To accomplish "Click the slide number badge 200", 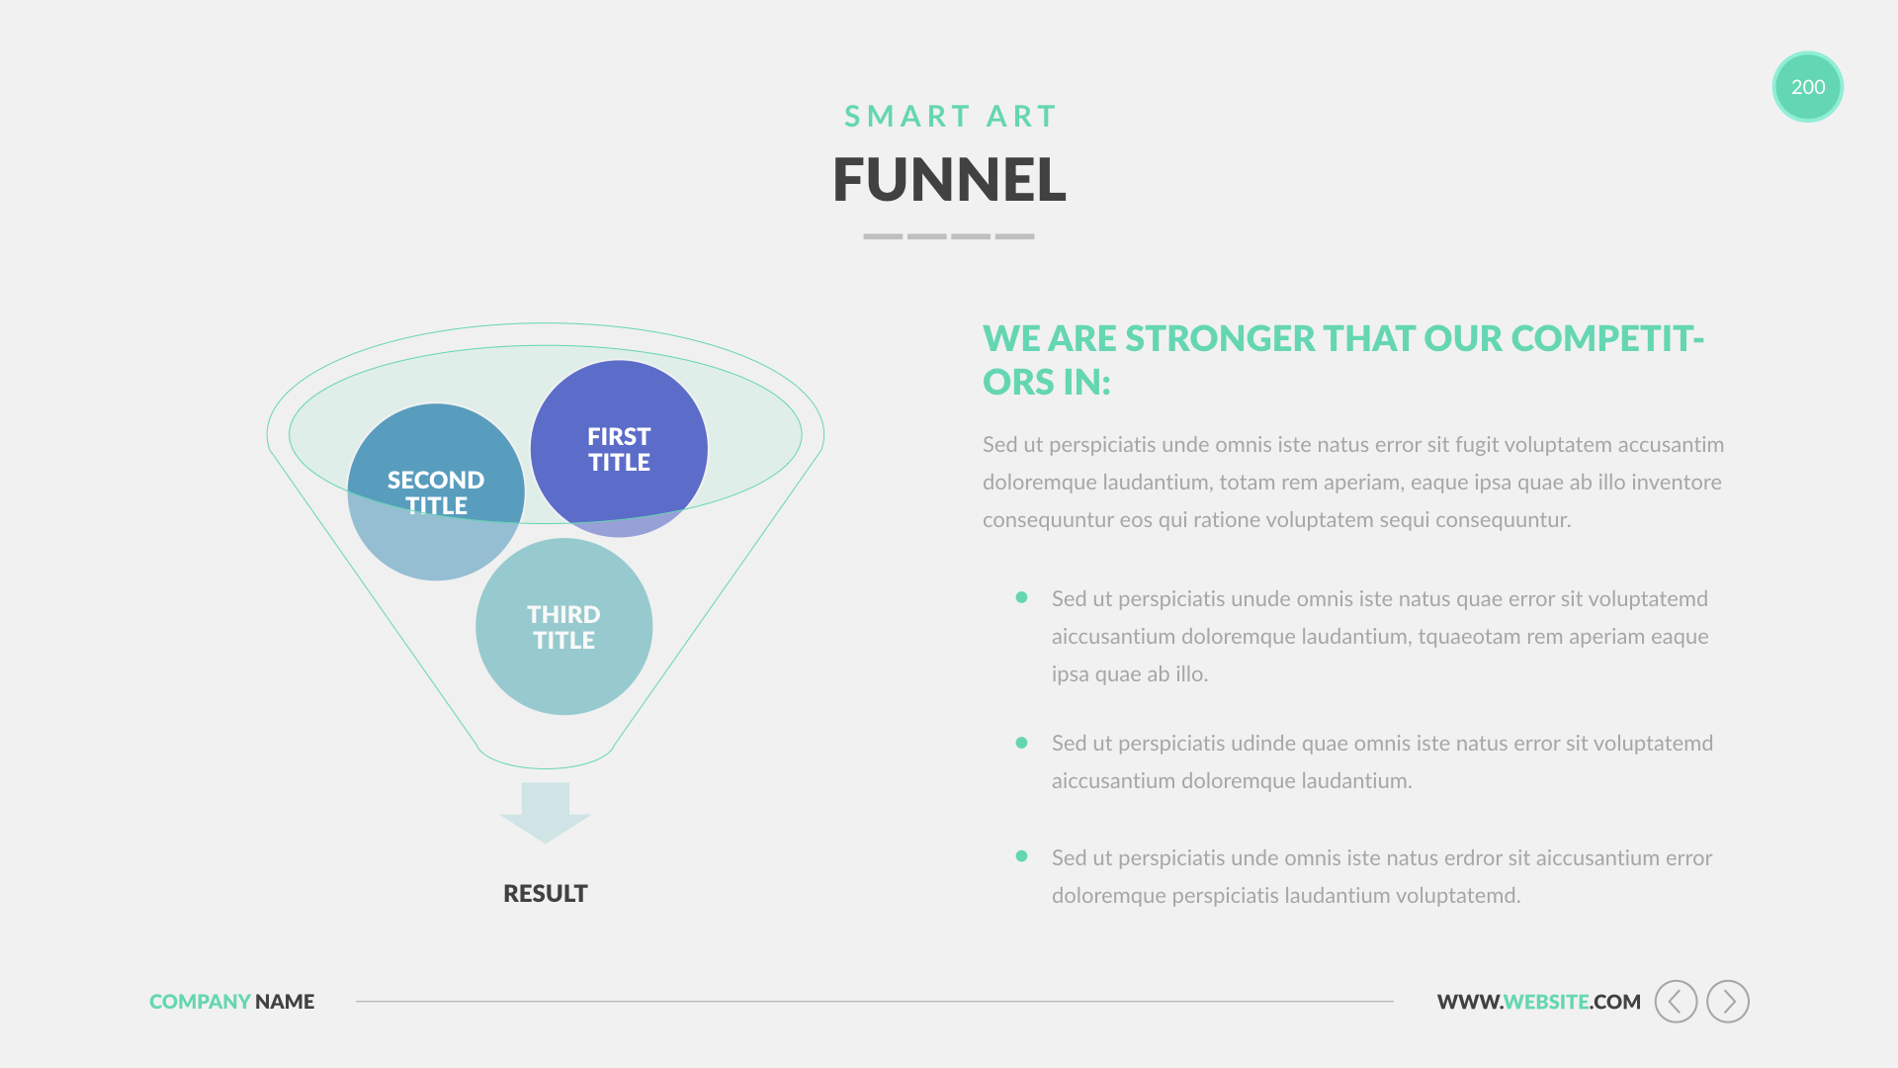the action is click(1807, 87).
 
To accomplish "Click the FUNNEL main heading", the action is click(949, 180).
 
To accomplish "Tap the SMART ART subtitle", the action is click(950, 117).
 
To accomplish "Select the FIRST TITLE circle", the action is click(619, 449).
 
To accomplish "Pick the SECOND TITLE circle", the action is click(436, 491).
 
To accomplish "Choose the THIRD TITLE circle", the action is click(563, 626).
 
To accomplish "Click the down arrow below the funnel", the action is click(546, 813).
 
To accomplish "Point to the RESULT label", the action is click(546, 894).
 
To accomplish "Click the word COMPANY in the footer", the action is click(200, 1002).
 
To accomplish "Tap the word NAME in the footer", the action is click(285, 1002).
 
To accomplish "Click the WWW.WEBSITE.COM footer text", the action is click(1538, 1002).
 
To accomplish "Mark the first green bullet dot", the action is click(1021, 597).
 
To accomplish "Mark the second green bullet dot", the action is click(1021, 743).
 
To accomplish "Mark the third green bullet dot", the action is click(1021, 856).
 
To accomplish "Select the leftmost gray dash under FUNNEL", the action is click(883, 236).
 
